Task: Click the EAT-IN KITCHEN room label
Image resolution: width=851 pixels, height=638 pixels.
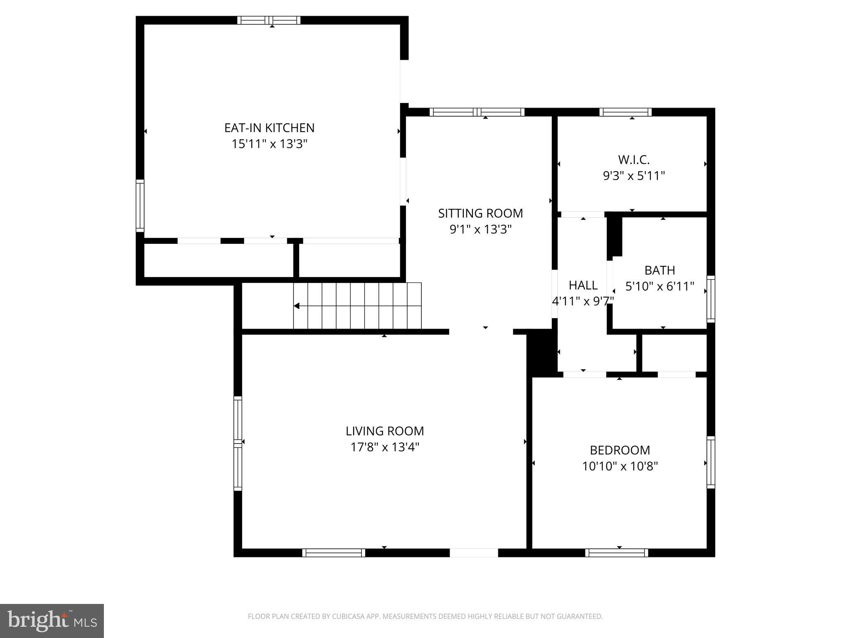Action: pyautogui.click(x=269, y=128)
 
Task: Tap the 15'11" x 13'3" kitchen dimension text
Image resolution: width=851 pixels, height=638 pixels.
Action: pyautogui.click(x=269, y=144)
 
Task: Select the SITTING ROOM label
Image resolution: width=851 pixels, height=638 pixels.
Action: pyautogui.click(x=480, y=213)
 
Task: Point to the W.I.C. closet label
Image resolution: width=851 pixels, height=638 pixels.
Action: pyautogui.click(x=633, y=159)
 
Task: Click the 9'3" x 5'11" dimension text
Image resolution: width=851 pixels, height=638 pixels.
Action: pyautogui.click(x=634, y=176)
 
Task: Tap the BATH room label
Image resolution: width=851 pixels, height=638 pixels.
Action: pyautogui.click(x=659, y=270)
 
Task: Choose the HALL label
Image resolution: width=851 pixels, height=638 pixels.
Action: pyautogui.click(x=583, y=285)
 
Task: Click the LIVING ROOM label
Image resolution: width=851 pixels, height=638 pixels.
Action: pyautogui.click(x=385, y=431)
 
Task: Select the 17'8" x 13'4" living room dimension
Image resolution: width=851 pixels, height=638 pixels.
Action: pyautogui.click(x=385, y=447)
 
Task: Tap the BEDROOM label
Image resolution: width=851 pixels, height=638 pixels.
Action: pyautogui.click(x=620, y=450)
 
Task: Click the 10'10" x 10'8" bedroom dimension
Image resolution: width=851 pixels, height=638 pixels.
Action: pyautogui.click(x=620, y=466)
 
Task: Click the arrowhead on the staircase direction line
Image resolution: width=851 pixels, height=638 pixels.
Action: pyautogui.click(x=297, y=306)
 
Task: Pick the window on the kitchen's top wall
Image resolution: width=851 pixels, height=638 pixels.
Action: pyautogui.click(x=269, y=20)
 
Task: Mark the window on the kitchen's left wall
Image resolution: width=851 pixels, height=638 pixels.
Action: pyautogui.click(x=140, y=206)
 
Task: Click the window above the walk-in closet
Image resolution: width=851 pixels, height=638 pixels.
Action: pyautogui.click(x=625, y=112)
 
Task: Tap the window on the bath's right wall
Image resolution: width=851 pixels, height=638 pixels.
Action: pyautogui.click(x=711, y=299)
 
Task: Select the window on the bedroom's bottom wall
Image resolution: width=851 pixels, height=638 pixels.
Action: pyautogui.click(x=617, y=552)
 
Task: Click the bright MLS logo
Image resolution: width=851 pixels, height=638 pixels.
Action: pyautogui.click(x=52, y=621)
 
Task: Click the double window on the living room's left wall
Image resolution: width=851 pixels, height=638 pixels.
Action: pyautogui.click(x=238, y=443)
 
